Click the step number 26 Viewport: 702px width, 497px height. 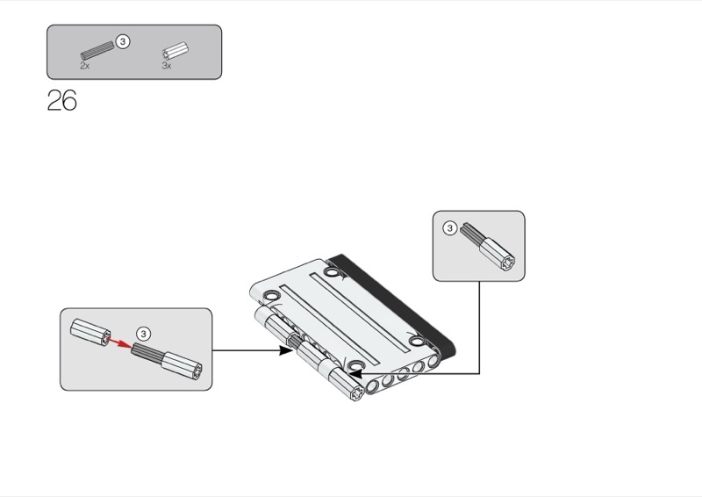[61, 101]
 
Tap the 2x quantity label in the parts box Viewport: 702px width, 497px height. [84, 66]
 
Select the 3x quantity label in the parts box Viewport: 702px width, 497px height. [167, 66]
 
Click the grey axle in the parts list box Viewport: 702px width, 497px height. [97, 50]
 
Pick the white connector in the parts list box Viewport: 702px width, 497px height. [175, 50]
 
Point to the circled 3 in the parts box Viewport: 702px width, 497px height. [123, 41]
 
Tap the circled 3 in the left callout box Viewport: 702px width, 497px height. [145, 334]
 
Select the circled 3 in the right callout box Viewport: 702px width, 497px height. [449, 228]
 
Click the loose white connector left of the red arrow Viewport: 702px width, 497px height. [89, 330]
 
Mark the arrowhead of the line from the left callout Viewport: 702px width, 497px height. [286, 350]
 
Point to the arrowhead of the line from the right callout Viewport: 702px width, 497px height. [355, 373]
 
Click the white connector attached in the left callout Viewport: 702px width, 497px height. [185, 363]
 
